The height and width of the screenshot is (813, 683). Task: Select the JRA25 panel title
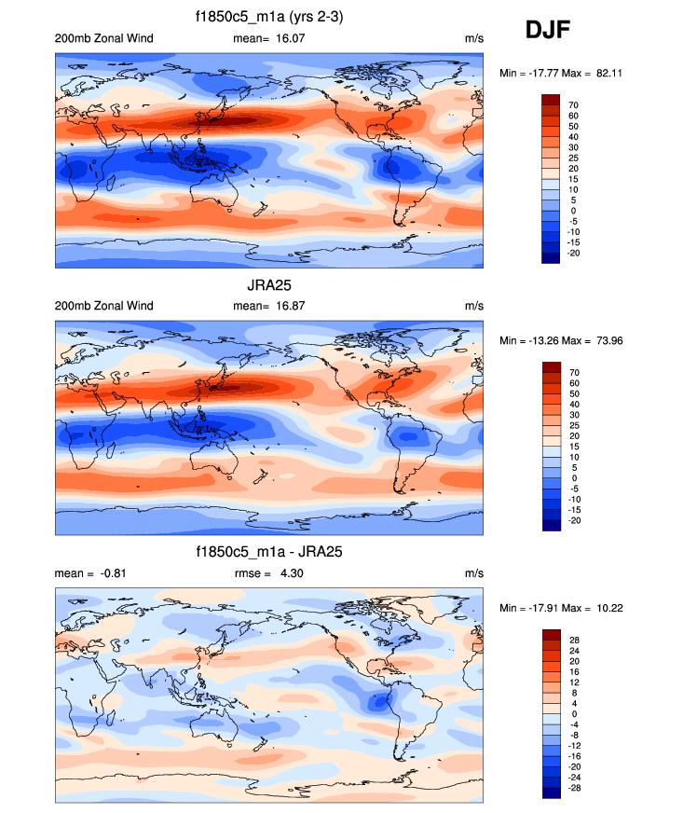pos(269,285)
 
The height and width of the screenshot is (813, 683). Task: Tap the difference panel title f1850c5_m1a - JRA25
pos(269,553)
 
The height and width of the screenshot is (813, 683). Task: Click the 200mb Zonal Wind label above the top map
pos(104,38)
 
